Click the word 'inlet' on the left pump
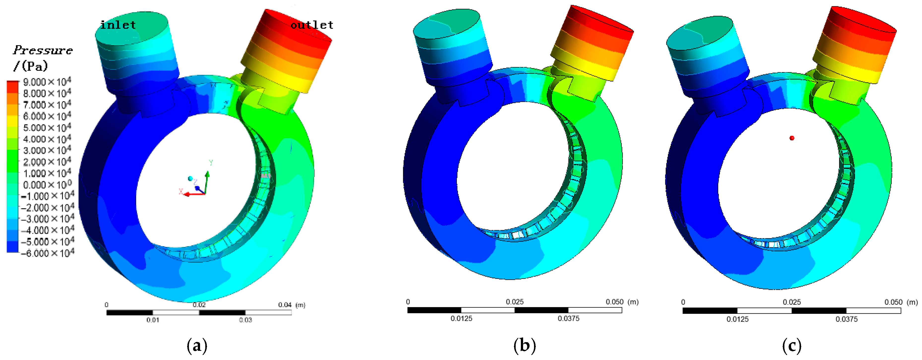pyautogui.click(x=118, y=25)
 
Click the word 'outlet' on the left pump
pyautogui.click(x=312, y=25)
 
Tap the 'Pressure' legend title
pyautogui.click(x=43, y=50)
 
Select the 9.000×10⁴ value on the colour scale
pyautogui.click(x=47, y=82)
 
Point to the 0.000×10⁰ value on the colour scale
pyautogui.click(x=47, y=185)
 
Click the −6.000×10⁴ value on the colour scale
pyautogui.click(x=47, y=253)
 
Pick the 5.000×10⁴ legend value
pyautogui.click(x=47, y=128)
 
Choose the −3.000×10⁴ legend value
pyautogui.click(x=47, y=219)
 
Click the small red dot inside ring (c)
pyautogui.click(x=792, y=138)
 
